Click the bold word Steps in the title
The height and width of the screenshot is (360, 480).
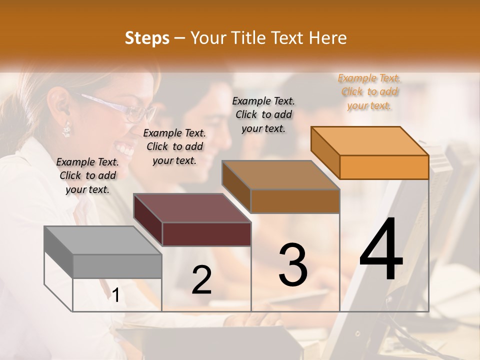click(x=147, y=38)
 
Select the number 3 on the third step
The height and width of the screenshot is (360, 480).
click(x=293, y=264)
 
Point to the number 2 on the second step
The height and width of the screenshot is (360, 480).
click(x=201, y=279)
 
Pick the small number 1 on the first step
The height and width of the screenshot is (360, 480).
click(x=116, y=295)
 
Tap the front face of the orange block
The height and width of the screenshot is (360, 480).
click(x=384, y=167)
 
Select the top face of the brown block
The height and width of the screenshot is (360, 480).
click(x=280, y=175)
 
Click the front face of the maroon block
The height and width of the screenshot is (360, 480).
click(x=206, y=234)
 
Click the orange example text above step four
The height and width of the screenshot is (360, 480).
click(x=369, y=91)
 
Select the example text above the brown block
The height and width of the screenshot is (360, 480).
click(x=263, y=114)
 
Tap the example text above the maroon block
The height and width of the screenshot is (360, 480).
click(x=174, y=146)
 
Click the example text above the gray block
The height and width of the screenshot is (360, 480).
click(x=87, y=175)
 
